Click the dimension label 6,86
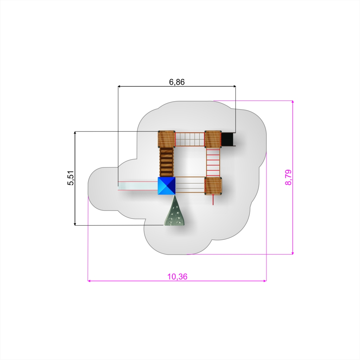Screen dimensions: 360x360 click(177, 82)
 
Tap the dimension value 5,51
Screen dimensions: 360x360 click(71, 178)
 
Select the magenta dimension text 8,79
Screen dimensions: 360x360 click(288, 177)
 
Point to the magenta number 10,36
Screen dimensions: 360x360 click(177, 277)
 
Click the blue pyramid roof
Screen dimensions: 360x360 click(166, 186)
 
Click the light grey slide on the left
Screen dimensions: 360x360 click(138, 186)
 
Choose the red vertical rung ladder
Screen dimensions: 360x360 click(213, 162)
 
